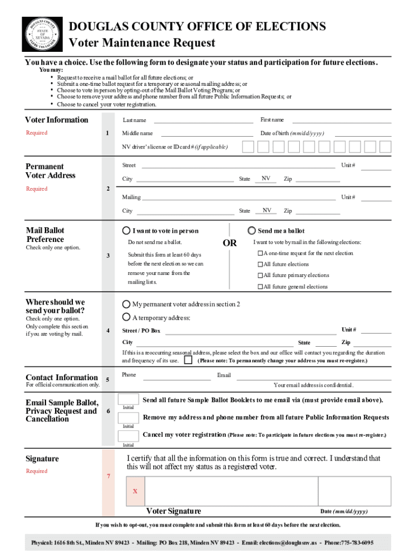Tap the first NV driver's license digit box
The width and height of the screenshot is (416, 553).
coord(247,147)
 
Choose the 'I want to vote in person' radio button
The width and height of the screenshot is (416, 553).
coord(126,230)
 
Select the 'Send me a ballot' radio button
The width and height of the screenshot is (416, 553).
coord(251,230)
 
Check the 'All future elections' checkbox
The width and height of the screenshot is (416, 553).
coord(260,265)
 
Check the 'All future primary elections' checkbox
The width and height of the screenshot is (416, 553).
coord(260,276)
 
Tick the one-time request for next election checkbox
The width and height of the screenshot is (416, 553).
coord(260,253)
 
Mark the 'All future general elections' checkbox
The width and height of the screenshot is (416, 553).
coord(260,287)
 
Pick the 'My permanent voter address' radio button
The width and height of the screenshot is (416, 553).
coord(126,304)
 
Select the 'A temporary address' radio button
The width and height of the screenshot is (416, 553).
coord(126,317)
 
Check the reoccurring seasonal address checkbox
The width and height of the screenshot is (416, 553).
coord(188,360)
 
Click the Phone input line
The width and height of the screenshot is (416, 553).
coord(177,376)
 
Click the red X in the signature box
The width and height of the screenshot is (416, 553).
coord(135,491)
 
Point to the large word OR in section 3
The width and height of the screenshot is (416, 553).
coord(230,243)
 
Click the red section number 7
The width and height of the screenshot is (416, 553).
coord(109,476)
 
